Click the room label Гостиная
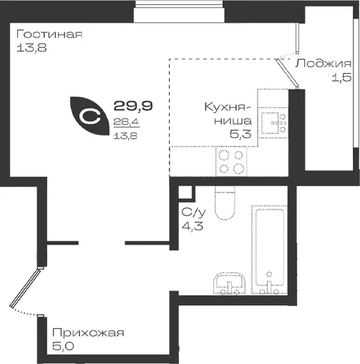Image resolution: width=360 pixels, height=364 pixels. [49, 34]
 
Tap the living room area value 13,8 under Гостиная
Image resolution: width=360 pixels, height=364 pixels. [31, 48]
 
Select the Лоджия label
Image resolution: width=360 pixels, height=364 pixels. [323, 64]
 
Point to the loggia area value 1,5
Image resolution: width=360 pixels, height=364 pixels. [341, 77]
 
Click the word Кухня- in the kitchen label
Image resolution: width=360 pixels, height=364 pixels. [228, 107]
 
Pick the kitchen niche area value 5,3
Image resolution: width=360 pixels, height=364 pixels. [240, 134]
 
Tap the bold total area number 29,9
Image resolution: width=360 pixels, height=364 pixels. [133, 106]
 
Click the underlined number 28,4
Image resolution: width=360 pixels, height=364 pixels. [126, 122]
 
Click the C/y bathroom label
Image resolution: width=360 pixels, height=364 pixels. [193, 212]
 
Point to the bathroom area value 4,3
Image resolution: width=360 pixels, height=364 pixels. [193, 225]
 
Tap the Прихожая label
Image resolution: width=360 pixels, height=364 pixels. [88, 333]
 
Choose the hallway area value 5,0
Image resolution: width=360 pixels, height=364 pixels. [63, 346]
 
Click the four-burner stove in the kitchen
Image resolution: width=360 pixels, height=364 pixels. [231, 162]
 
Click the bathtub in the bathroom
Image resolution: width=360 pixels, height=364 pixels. [269, 250]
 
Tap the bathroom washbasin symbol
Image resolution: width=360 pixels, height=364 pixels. [229, 283]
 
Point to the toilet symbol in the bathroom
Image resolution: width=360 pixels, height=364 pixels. [225, 203]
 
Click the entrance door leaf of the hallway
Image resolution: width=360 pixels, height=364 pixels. [26, 287]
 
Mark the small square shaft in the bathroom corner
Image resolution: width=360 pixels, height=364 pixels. [185, 192]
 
